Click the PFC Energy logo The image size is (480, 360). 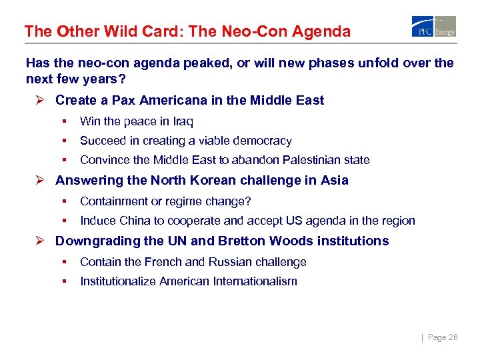(x=434, y=26)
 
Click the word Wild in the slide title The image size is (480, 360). (x=125, y=31)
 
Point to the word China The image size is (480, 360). (x=135, y=221)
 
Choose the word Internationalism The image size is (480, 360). (x=255, y=281)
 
